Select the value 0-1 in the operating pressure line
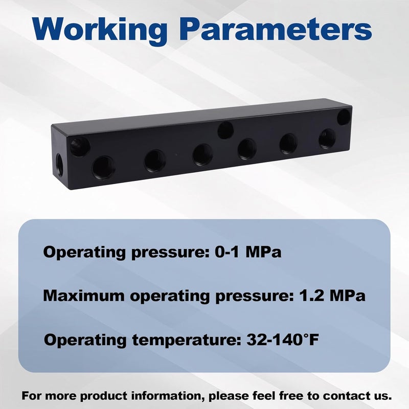pos(226,252)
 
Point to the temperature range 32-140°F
pos(283,339)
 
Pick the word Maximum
pos(84,296)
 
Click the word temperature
pos(187,340)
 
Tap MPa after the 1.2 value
pos(348,296)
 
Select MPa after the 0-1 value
pos(263,252)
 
